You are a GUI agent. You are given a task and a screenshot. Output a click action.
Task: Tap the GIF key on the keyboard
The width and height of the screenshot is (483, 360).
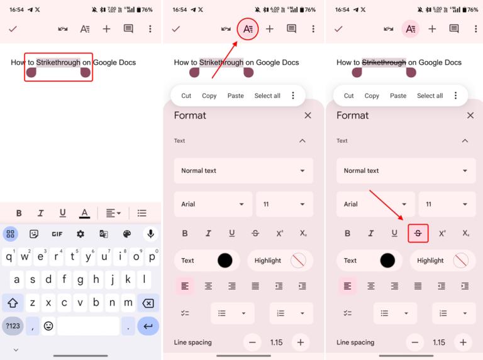[57, 234]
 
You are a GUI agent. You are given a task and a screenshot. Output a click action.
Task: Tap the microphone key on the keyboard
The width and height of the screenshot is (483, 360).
[150, 234]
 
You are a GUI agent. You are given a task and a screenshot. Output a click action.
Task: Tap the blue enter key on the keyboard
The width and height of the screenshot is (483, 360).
[148, 326]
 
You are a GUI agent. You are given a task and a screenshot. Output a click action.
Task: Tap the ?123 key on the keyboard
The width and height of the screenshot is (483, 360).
[13, 326]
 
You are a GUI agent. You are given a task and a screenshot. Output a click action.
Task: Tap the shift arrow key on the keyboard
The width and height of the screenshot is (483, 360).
[13, 303]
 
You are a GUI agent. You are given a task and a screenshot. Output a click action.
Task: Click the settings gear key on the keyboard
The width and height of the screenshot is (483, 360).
[80, 234]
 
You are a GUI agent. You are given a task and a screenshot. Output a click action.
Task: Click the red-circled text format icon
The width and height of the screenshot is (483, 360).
[248, 29]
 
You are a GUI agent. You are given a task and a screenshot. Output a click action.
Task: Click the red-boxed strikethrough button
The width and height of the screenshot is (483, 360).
[418, 233]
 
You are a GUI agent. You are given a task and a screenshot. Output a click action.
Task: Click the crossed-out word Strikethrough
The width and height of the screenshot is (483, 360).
[384, 62]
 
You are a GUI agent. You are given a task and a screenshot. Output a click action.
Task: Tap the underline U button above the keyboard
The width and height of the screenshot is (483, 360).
[62, 213]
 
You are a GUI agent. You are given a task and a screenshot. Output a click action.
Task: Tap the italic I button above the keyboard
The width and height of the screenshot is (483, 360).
[41, 213]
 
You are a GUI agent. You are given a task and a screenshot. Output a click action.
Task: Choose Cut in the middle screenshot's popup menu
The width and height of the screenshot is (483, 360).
[186, 95]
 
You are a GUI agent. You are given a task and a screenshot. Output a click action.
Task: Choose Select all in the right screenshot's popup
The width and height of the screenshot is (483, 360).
[430, 95]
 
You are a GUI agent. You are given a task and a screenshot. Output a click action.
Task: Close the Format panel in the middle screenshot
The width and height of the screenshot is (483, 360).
[308, 116]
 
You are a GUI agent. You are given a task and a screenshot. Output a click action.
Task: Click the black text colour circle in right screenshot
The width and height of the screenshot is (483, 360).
[387, 260]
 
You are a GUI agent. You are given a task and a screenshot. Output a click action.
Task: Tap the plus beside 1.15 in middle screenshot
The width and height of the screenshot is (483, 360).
[301, 342]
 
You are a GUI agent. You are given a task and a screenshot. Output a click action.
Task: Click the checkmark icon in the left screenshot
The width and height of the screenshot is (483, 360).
[13, 29]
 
